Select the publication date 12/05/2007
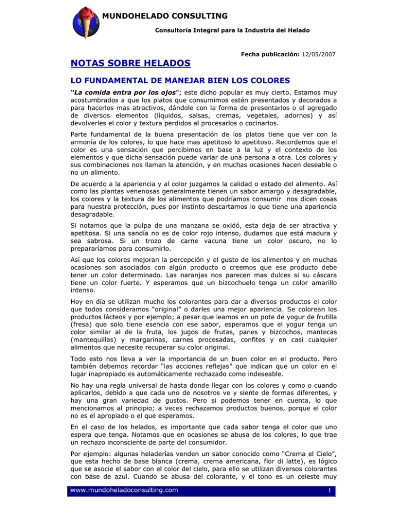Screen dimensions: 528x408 pyautogui.click(x=317, y=55)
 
